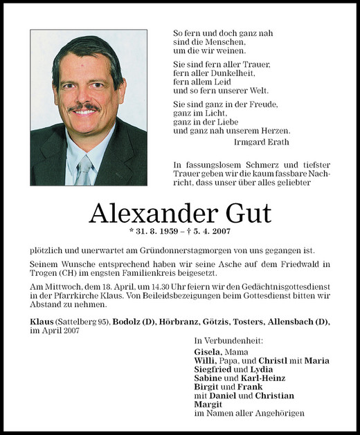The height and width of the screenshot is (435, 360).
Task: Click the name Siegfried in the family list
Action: (215, 369)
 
